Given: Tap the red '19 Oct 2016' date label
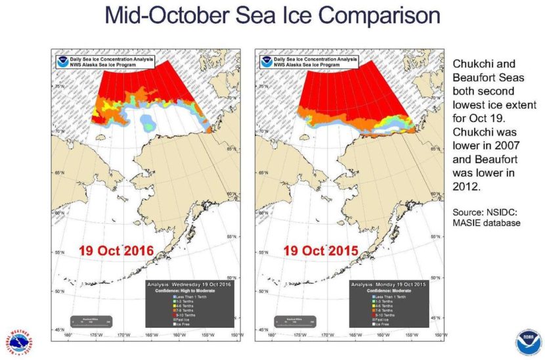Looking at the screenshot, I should coord(116,251).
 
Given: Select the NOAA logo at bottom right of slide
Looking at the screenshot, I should coord(529,342).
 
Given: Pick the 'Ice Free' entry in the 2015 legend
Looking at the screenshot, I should coord(385,325).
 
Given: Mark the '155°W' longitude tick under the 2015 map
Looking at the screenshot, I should coord(410,335).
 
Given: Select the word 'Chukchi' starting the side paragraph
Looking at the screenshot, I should coord(471,64).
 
